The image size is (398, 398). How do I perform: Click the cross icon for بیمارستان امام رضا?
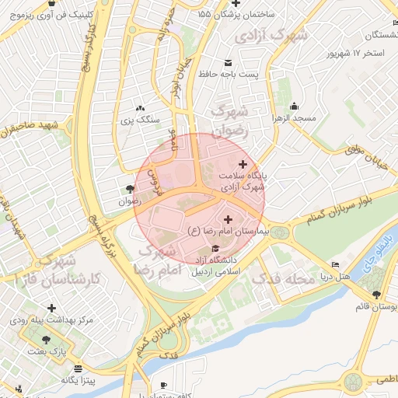point(228,220)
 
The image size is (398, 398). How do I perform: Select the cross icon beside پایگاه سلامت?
point(243,164)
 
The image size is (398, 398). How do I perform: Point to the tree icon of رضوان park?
point(129,189)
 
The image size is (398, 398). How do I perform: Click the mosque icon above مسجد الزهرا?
point(294,106)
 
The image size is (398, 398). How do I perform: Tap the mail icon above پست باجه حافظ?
point(227,62)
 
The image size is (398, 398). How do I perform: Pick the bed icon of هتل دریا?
point(336,265)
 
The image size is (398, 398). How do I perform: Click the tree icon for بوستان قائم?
point(376,295)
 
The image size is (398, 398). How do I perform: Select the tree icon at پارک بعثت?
point(47,340)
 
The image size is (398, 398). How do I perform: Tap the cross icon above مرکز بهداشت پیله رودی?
point(52,309)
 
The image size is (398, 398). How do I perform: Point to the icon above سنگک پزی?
point(139,109)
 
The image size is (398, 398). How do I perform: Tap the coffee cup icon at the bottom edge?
point(163,385)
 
